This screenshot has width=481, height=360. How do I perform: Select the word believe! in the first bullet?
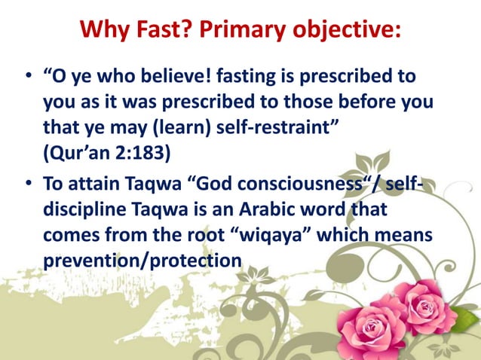point(188,78)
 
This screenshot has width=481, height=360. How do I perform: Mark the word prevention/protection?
point(142,258)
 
